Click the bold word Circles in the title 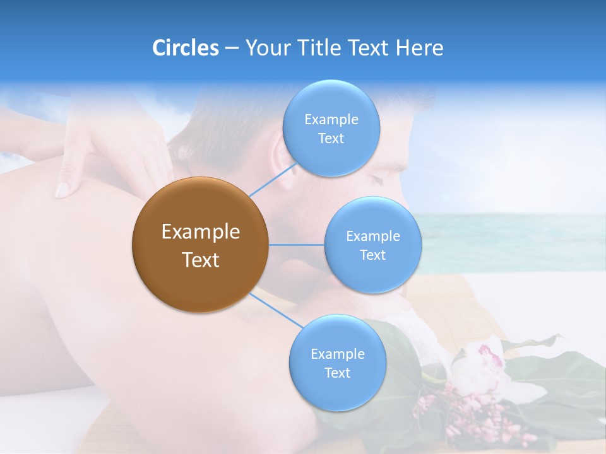coord(185,48)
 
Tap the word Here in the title coord(419,48)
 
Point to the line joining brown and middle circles coord(296,245)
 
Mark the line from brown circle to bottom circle coord(276,310)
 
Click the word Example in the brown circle coord(201,232)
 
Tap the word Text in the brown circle coord(201,260)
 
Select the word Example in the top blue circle coord(331,120)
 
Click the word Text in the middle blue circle coord(372,255)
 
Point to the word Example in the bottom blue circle coord(337,354)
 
